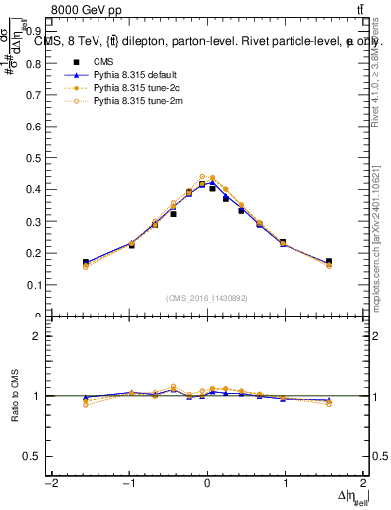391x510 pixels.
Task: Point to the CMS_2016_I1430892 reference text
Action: coord(207,299)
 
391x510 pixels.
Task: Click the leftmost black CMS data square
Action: coord(86,262)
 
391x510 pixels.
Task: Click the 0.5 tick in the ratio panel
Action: coord(33,456)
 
